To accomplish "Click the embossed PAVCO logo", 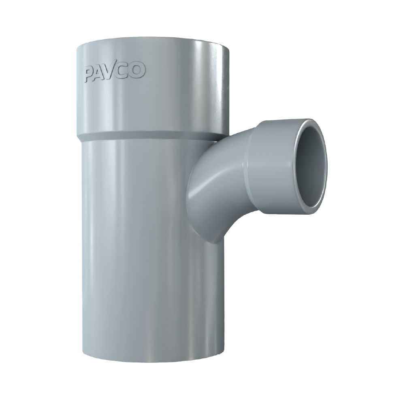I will (115, 72).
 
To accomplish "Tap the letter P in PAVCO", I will (90, 75).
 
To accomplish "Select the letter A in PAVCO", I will (102, 73).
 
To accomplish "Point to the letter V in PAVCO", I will (113, 72).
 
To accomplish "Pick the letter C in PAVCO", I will (125, 71).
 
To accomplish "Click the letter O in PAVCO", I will (137, 70).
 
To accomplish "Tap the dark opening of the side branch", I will (310, 166).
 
